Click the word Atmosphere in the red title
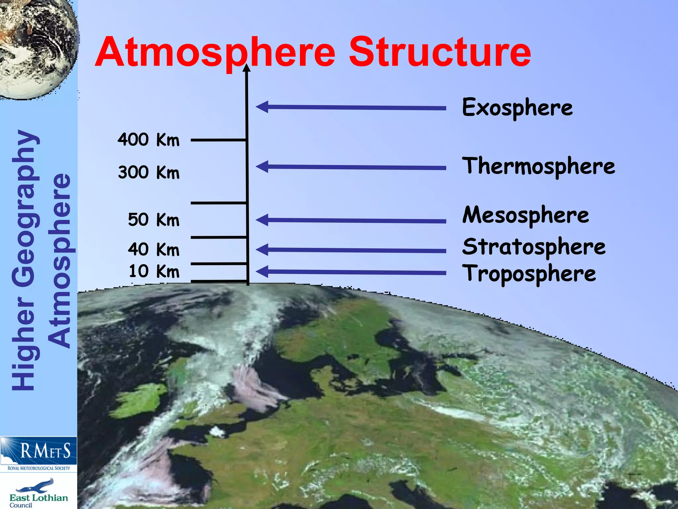point(215,52)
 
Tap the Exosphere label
point(517,107)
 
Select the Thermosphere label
point(538,166)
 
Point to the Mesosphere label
point(525,215)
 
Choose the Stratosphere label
point(534,247)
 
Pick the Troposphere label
point(529,274)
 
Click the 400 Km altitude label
point(149,140)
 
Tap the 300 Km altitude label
point(149,172)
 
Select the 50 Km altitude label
point(154,220)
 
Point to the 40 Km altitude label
point(154,249)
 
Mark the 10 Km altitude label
point(154,271)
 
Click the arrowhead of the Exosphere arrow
point(262,107)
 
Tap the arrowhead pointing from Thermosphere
point(262,166)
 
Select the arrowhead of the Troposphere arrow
point(262,272)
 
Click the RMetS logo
point(38,453)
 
